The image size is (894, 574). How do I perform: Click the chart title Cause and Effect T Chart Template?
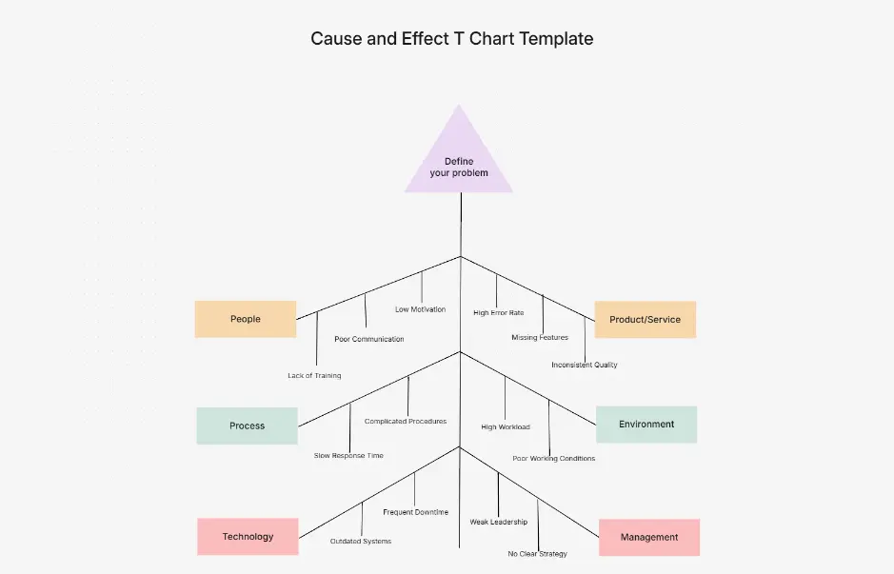point(451,39)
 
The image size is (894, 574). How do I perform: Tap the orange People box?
point(246,319)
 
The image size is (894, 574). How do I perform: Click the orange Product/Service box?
point(645,320)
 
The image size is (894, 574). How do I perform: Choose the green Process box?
point(247,426)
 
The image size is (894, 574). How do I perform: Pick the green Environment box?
point(646,425)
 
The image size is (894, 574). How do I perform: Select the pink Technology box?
point(248,537)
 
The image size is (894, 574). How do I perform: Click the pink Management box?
point(649,537)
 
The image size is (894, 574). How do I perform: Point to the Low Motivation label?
point(420,309)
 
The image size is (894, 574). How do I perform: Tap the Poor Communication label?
point(369,339)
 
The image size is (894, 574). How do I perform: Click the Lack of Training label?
point(314,375)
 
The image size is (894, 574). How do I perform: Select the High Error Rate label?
point(499,312)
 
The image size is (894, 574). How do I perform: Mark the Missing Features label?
point(540,337)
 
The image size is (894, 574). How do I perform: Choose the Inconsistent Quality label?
point(585,365)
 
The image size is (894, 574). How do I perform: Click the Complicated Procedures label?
point(406,421)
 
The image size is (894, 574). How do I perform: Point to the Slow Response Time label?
point(348,455)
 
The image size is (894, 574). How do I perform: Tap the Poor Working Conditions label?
point(554,458)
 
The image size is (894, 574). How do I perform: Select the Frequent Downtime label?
point(415,512)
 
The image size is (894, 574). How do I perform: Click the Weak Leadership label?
point(498,522)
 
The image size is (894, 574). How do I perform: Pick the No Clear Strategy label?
point(537,553)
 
